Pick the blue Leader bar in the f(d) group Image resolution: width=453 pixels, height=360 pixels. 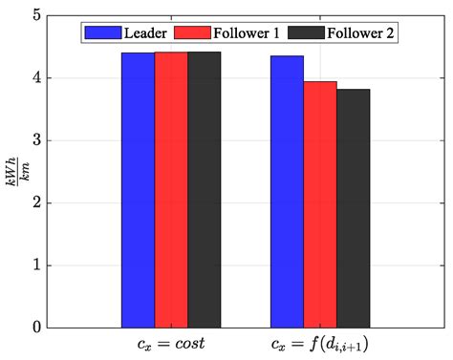(287, 191)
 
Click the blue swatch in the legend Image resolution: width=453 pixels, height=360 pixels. (97, 32)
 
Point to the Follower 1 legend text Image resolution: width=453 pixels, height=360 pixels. (250, 32)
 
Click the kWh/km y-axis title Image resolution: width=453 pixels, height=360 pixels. (13, 172)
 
